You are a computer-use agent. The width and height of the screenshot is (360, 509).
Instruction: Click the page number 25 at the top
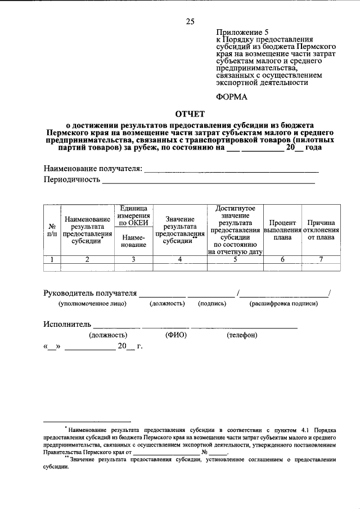(x=190, y=22)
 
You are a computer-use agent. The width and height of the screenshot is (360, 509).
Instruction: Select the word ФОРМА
(x=232, y=96)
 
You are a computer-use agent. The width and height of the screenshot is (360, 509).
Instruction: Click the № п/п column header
(x=52, y=229)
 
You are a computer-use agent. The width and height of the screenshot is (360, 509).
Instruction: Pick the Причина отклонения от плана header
(x=321, y=230)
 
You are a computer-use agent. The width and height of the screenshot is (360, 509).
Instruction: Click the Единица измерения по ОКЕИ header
(x=133, y=216)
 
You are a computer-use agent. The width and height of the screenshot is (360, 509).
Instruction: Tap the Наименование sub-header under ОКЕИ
(x=133, y=241)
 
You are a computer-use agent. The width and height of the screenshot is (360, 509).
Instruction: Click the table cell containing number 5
(x=235, y=259)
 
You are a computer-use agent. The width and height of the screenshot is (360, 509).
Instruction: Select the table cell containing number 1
(x=52, y=259)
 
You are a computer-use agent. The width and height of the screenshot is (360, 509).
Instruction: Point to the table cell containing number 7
(x=321, y=259)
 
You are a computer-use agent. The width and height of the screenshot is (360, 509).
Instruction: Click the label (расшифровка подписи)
(x=283, y=304)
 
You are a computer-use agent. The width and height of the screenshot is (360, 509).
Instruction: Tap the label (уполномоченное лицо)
(x=93, y=304)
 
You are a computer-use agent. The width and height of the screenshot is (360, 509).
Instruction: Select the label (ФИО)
(x=175, y=335)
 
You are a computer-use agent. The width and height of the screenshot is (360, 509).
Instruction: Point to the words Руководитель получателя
(x=91, y=292)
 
